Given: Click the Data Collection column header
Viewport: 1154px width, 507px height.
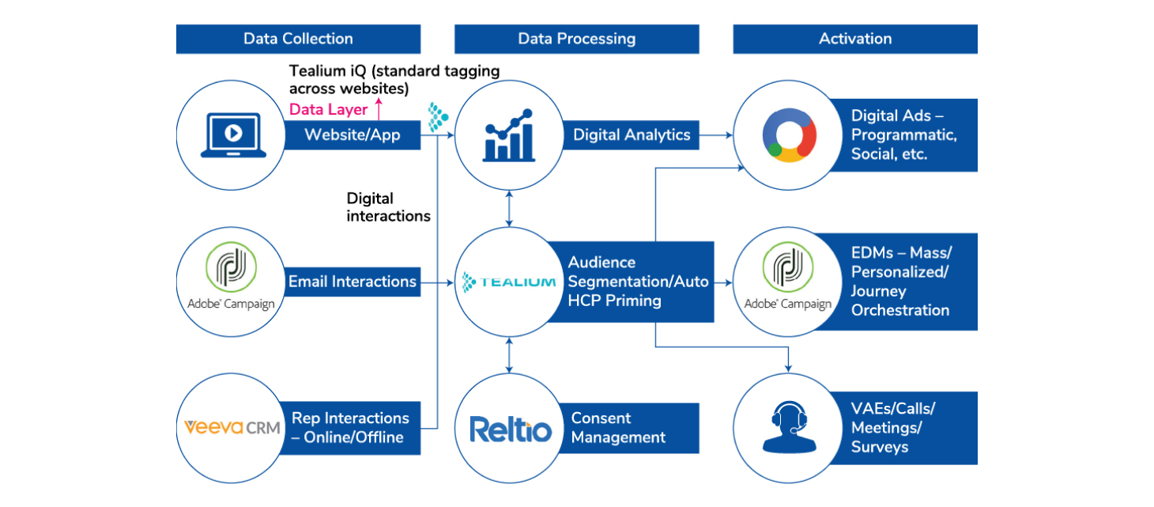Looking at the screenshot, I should [298, 39].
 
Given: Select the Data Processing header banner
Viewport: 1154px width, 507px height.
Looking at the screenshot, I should [576, 39].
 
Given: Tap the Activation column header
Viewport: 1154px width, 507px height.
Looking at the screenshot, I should [854, 39].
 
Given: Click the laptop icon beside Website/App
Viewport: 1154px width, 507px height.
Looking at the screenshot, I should [232, 135].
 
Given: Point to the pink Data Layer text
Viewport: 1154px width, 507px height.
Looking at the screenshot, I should [329, 110].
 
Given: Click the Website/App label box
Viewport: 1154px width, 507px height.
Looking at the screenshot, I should [353, 135].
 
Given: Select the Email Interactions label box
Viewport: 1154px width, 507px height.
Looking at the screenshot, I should [353, 282].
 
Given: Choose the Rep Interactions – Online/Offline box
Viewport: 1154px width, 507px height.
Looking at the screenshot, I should [353, 428].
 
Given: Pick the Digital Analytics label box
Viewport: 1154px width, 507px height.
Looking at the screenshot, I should [632, 135].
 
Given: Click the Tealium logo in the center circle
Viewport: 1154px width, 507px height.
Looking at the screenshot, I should [511, 282].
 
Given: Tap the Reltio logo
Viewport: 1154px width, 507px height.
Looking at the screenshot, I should [511, 429].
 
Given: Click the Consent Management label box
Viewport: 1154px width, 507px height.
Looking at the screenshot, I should [632, 428].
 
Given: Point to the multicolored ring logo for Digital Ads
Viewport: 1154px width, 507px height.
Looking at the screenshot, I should [789, 135].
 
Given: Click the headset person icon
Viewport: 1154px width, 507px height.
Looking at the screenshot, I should [789, 428].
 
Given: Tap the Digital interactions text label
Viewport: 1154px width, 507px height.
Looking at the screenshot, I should [388, 207].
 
